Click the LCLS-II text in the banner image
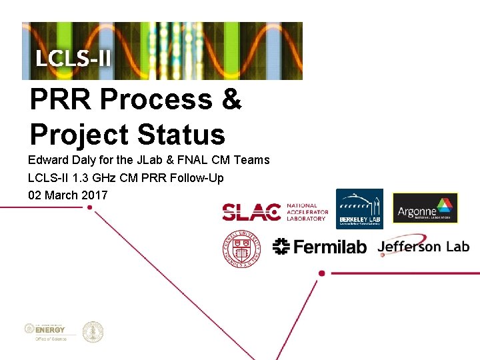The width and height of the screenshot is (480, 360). click(x=73, y=57)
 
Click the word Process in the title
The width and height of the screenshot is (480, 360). click(x=158, y=101)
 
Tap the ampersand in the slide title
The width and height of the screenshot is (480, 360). click(x=230, y=101)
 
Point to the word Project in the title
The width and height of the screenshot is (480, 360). click(x=78, y=135)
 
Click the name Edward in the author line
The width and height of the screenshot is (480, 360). click(x=49, y=160)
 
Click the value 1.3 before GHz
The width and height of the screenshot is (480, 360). click(x=77, y=178)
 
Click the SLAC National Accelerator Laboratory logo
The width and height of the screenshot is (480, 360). click(x=275, y=212)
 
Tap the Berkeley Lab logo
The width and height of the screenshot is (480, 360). click(x=359, y=209)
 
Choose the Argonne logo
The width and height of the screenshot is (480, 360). click(x=425, y=208)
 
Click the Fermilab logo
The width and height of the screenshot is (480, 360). click(x=320, y=247)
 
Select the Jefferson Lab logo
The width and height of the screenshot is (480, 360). click(x=423, y=246)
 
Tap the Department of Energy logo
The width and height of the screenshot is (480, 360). click(x=47, y=331)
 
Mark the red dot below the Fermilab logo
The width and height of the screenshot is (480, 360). click(x=322, y=273)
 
